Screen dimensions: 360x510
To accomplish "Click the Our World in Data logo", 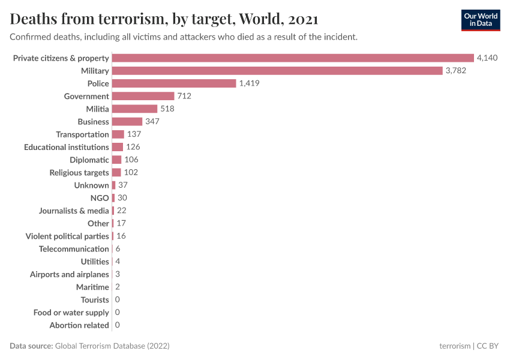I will point(480,20).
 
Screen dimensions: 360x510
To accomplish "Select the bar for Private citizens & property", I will point(293,58).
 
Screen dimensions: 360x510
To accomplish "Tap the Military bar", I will point(277,71).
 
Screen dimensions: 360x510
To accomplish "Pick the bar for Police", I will point(174,83).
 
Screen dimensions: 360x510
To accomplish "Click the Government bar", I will point(143,96).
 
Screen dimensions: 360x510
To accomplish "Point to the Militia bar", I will point(134,109).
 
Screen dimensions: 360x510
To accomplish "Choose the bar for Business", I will point(127,122).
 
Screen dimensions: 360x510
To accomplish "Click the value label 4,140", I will point(487,58).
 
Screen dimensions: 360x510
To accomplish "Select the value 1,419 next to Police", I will point(249,83).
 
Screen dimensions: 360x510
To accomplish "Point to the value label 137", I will point(134,134).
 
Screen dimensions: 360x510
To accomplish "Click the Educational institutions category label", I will point(67,147).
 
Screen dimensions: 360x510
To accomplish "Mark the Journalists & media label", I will point(74,211).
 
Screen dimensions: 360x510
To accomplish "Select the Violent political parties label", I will point(67,236).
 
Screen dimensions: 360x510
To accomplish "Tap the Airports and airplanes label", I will point(70,274).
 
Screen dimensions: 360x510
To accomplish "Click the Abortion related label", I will point(79,325).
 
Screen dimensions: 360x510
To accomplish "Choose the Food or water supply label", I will point(71,313).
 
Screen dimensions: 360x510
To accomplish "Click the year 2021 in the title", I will point(303,19).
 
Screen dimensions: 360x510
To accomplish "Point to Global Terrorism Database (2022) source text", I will point(112,346).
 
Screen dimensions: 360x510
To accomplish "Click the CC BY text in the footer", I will point(487,346).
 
